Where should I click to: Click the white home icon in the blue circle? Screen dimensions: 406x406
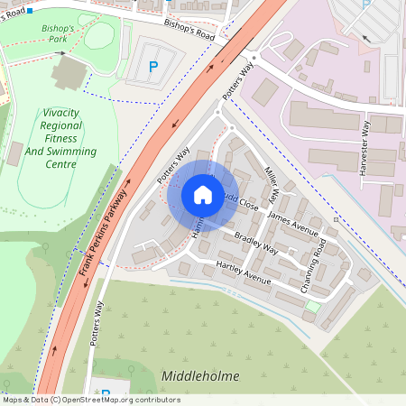(203, 195)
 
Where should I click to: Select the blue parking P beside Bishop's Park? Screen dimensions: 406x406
(152, 67)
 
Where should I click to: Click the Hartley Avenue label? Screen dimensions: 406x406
(243, 272)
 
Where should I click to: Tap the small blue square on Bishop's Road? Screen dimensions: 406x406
(29, 11)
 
